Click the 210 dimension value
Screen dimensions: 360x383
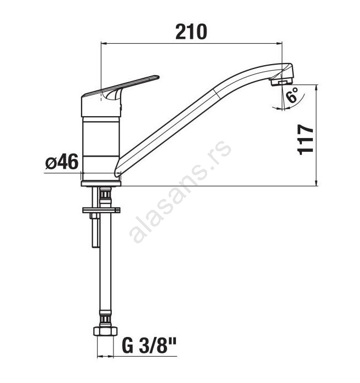[191, 32]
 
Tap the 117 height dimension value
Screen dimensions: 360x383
[306, 140]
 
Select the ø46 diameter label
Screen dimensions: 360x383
[62, 162]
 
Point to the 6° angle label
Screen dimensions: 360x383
[293, 95]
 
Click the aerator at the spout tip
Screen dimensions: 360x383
[281, 81]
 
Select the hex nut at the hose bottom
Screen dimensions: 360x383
[105, 331]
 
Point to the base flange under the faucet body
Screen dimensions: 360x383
[101, 183]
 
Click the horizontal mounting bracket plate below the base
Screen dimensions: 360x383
[101, 210]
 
